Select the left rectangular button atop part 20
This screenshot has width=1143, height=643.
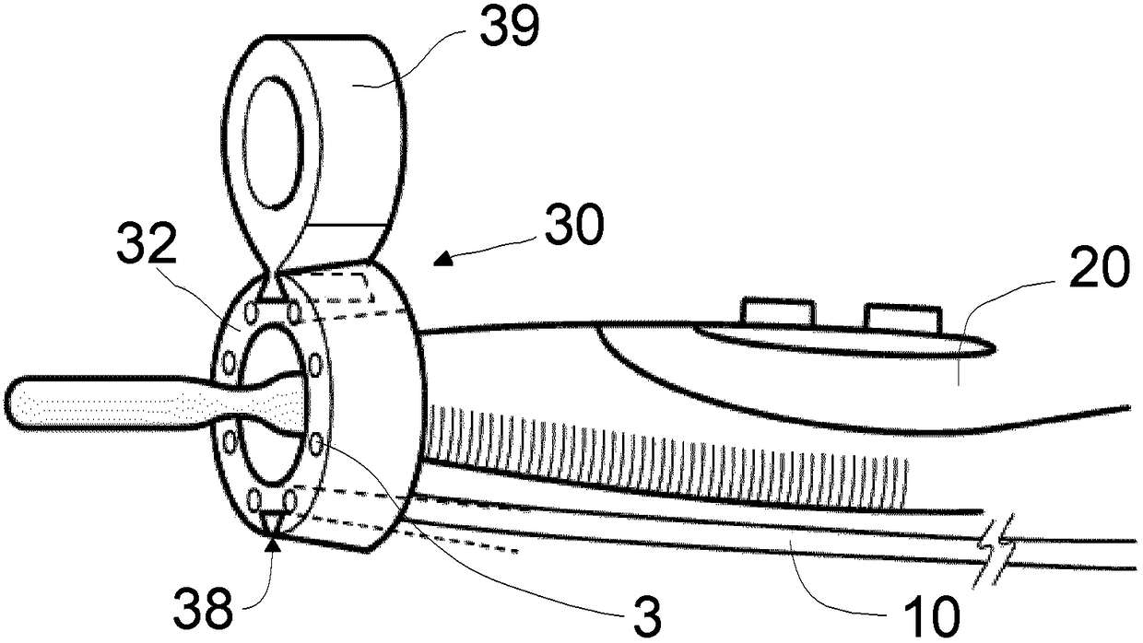tap(778, 311)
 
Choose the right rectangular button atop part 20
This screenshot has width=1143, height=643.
tap(901, 319)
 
